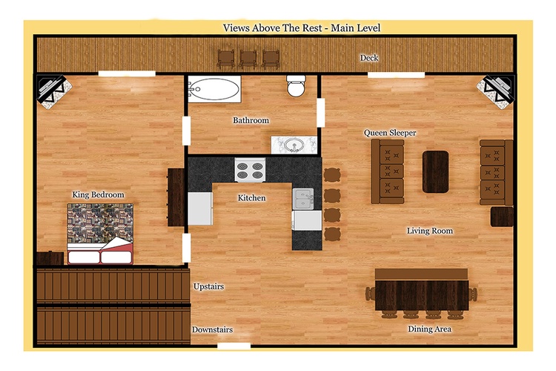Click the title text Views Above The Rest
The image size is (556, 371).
point(273,28)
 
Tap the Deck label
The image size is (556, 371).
point(369,58)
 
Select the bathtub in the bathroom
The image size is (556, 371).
point(214,89)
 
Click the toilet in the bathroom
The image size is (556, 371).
point(296,85)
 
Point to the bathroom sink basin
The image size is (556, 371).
point(294,145)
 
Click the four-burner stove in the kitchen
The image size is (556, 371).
point(250,170)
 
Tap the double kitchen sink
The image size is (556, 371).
point(302,199)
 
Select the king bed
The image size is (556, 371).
point(100,234)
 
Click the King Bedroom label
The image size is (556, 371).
point(98,194)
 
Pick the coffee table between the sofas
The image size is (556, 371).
point(435,172)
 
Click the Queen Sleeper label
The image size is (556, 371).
point(390,133)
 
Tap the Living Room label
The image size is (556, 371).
point(430,231)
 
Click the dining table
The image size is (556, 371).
point(422,295)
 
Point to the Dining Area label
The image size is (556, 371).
point(430,329)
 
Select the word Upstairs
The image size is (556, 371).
point(208,286)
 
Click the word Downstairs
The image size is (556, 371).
point(213,329)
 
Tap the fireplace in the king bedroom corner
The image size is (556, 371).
point(54,91)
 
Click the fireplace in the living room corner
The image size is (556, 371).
point(495,91)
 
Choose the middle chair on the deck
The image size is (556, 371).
point(248,59)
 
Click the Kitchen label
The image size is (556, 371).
point(251,198)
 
